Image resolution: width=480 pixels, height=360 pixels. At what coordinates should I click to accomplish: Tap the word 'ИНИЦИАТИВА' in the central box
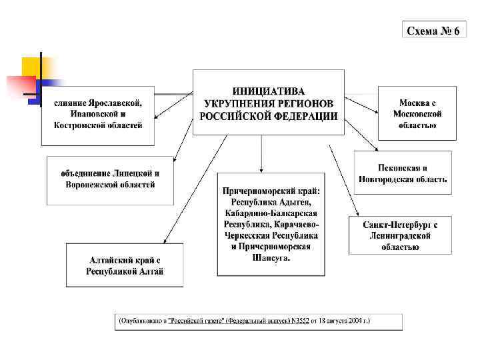coord(269,91)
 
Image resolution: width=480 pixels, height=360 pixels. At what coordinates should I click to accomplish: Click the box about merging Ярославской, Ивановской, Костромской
coord(98,115)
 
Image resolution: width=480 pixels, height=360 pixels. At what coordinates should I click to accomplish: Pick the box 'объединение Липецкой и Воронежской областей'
coord(110,179)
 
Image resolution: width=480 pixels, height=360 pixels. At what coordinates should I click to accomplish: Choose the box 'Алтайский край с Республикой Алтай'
coord(125,265)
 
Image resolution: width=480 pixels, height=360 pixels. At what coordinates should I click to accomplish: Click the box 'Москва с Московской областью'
coord(417,113)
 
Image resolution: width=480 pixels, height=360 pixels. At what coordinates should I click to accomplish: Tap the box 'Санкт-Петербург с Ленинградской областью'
coord(400,235)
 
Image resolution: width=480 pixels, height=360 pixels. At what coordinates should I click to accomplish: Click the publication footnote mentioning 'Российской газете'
coord(259,321)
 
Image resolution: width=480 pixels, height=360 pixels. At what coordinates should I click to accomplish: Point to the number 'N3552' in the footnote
coord(297,321)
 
